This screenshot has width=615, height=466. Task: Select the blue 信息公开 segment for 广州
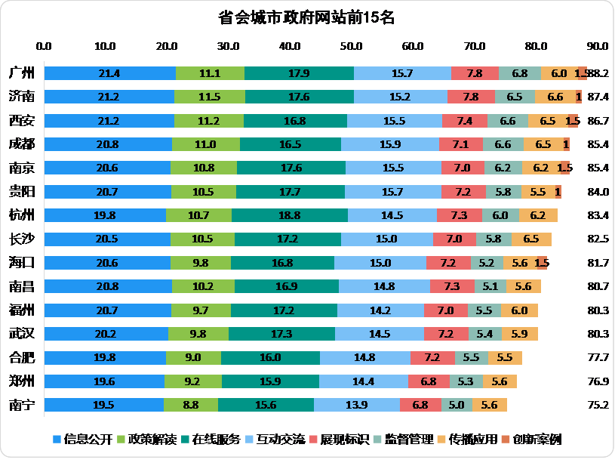click(x=109, y=73)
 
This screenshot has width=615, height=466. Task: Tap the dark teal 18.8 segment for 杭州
click(x=290, y=215)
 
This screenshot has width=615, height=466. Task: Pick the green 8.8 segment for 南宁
click(x=191, y=405)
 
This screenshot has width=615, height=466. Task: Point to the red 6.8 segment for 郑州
click(x=428, y=381)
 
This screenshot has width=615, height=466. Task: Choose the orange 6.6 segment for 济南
click(x=555, y=97)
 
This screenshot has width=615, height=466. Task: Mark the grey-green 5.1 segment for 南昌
click(x=490, y=286)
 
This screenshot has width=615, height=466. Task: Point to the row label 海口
click(x=21, y=263)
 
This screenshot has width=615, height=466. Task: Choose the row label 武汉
click(x=21, y=334)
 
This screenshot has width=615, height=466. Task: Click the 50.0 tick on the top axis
click(x=352, y=46)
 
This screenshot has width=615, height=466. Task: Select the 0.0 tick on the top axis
click(x=44, y=46)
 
